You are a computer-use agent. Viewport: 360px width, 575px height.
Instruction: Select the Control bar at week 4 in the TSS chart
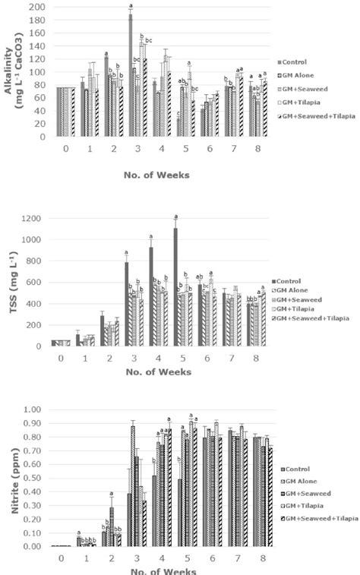tap(151, 296)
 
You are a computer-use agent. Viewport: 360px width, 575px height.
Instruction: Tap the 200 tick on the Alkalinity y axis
tap(38, 8)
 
